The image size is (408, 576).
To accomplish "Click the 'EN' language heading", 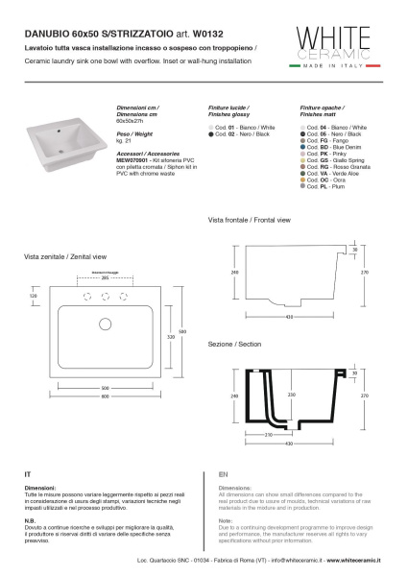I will [x=223, y=475].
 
